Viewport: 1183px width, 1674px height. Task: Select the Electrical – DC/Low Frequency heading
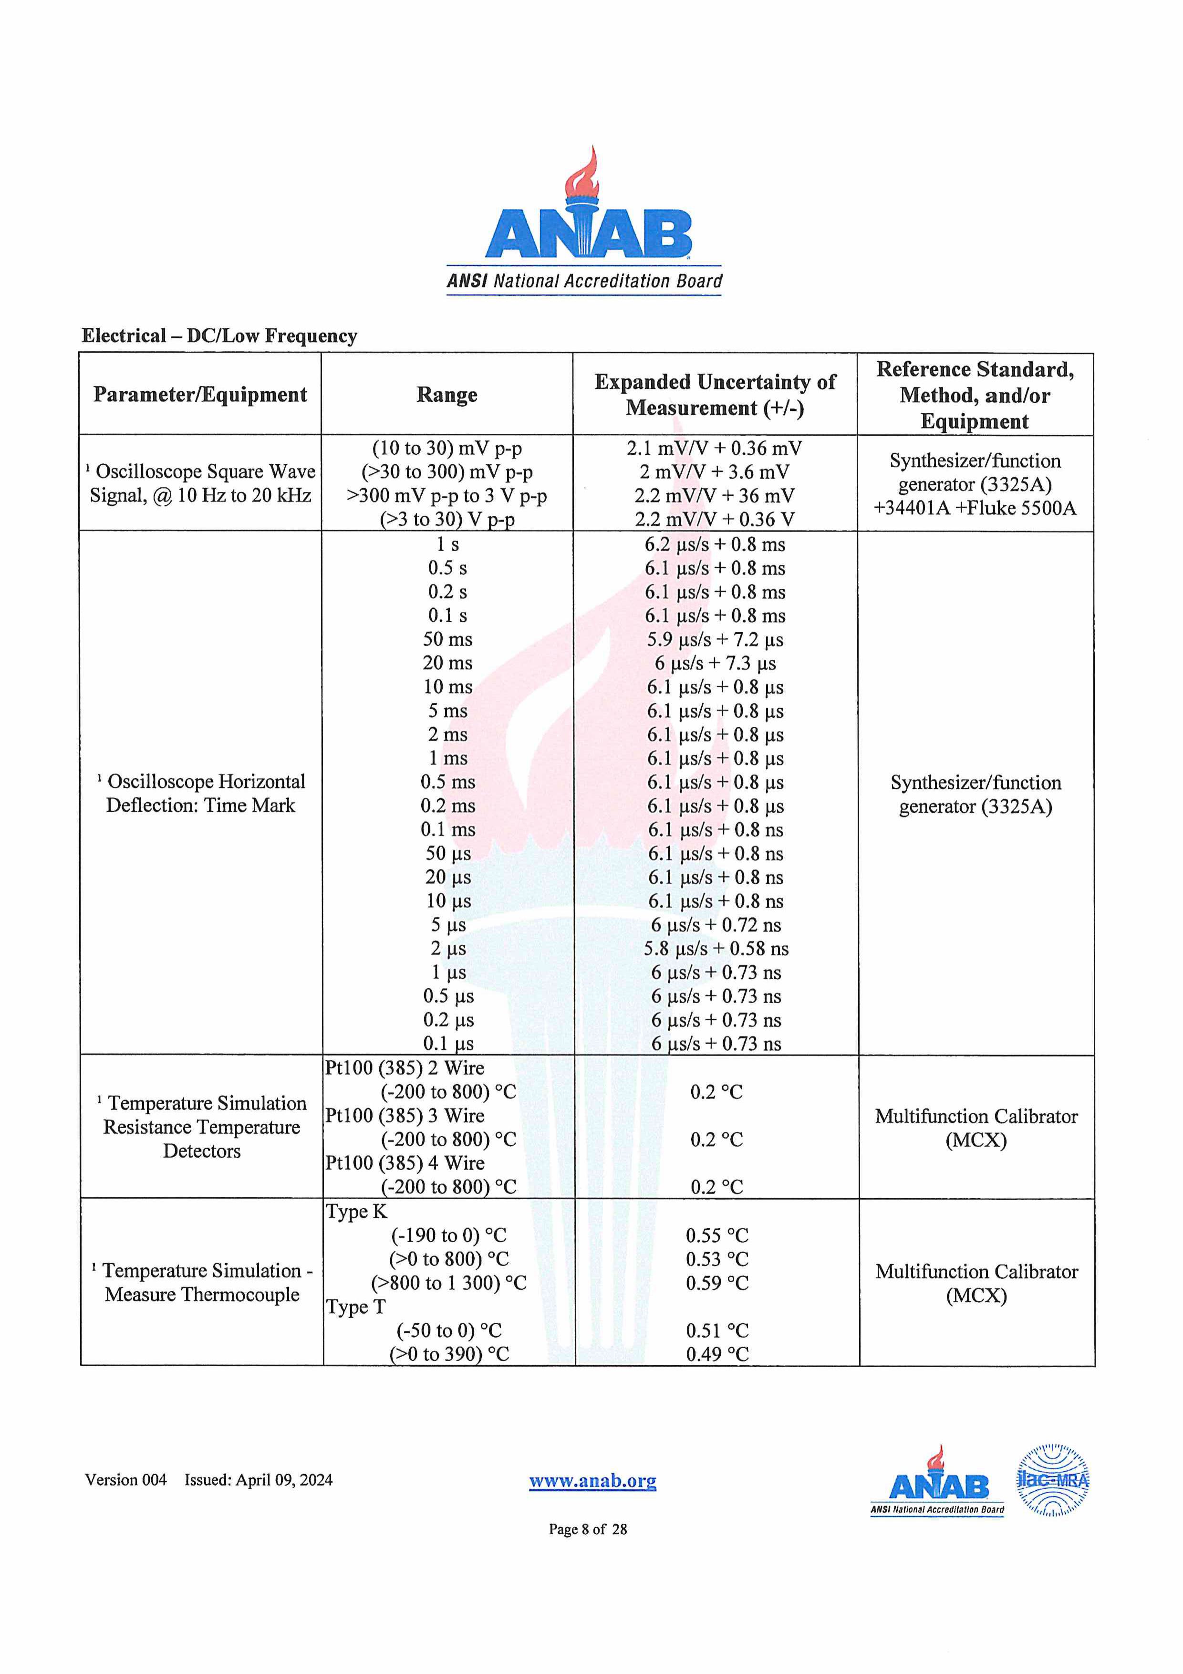tap(219, 335)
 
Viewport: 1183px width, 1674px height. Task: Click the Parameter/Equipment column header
tap(200, 395)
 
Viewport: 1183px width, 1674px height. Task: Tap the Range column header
tap(447, 395)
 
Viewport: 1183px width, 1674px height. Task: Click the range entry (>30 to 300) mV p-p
tap(447, 472)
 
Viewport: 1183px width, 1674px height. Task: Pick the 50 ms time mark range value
tap(447, 639)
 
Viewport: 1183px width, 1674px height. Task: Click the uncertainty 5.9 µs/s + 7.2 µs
tap(714, 639)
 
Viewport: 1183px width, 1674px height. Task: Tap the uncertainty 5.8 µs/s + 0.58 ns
tap(716, 949)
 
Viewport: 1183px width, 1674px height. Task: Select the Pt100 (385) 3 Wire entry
tap(405, 1116)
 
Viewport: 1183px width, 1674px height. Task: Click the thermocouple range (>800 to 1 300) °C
tap(448, 1283)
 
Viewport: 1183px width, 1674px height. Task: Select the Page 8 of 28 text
tap(588, 1529)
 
